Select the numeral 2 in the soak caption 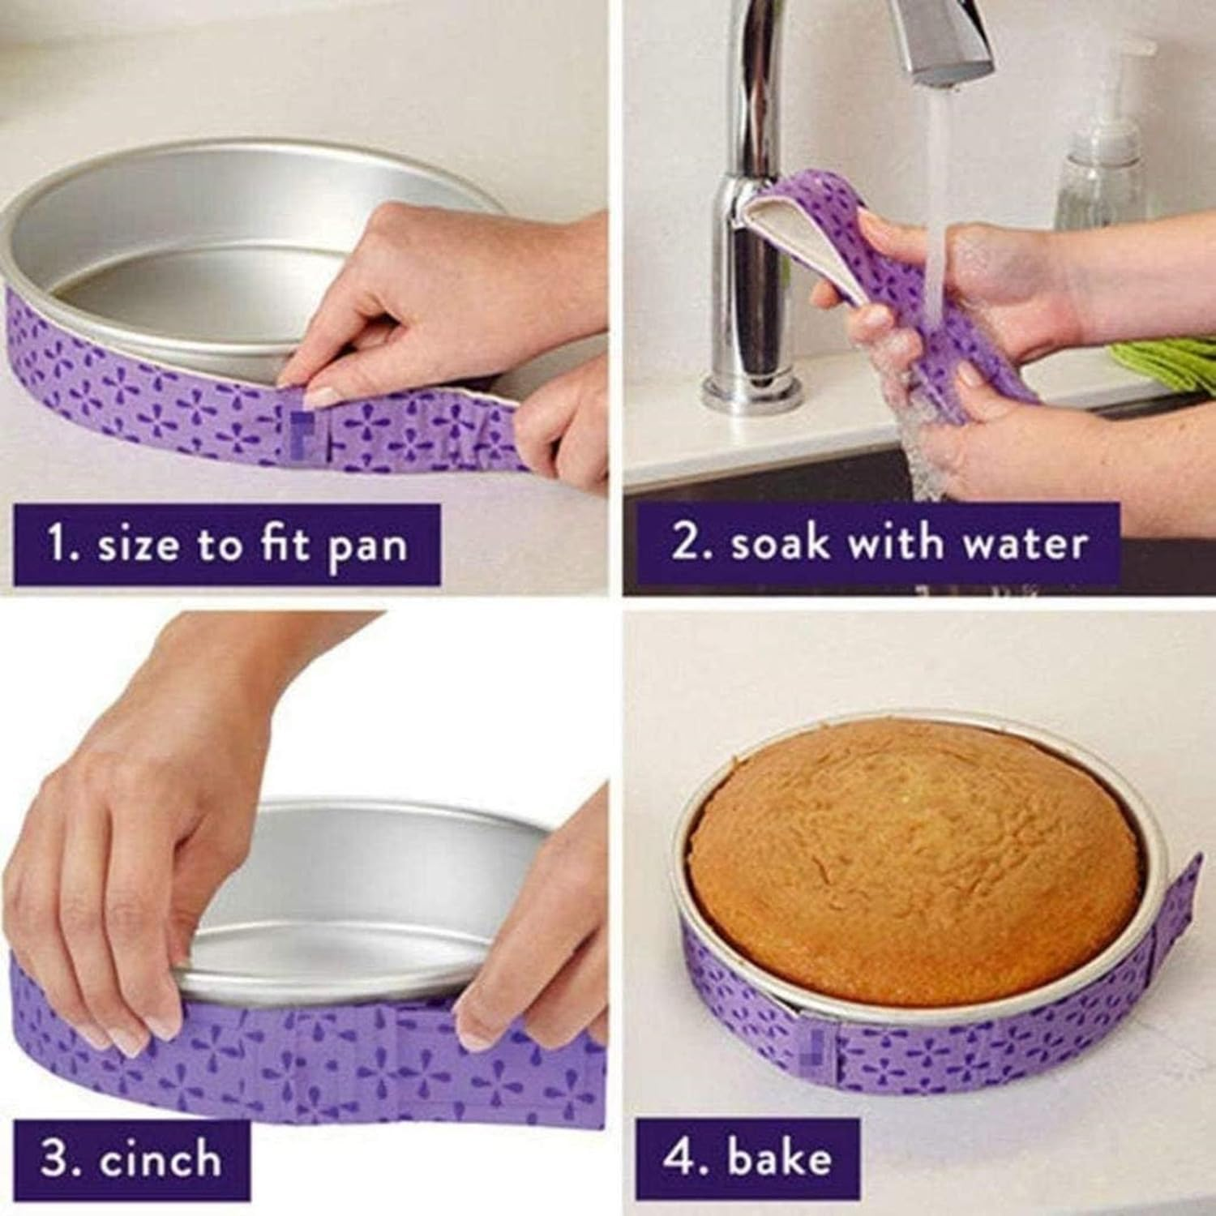pos(686,542)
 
